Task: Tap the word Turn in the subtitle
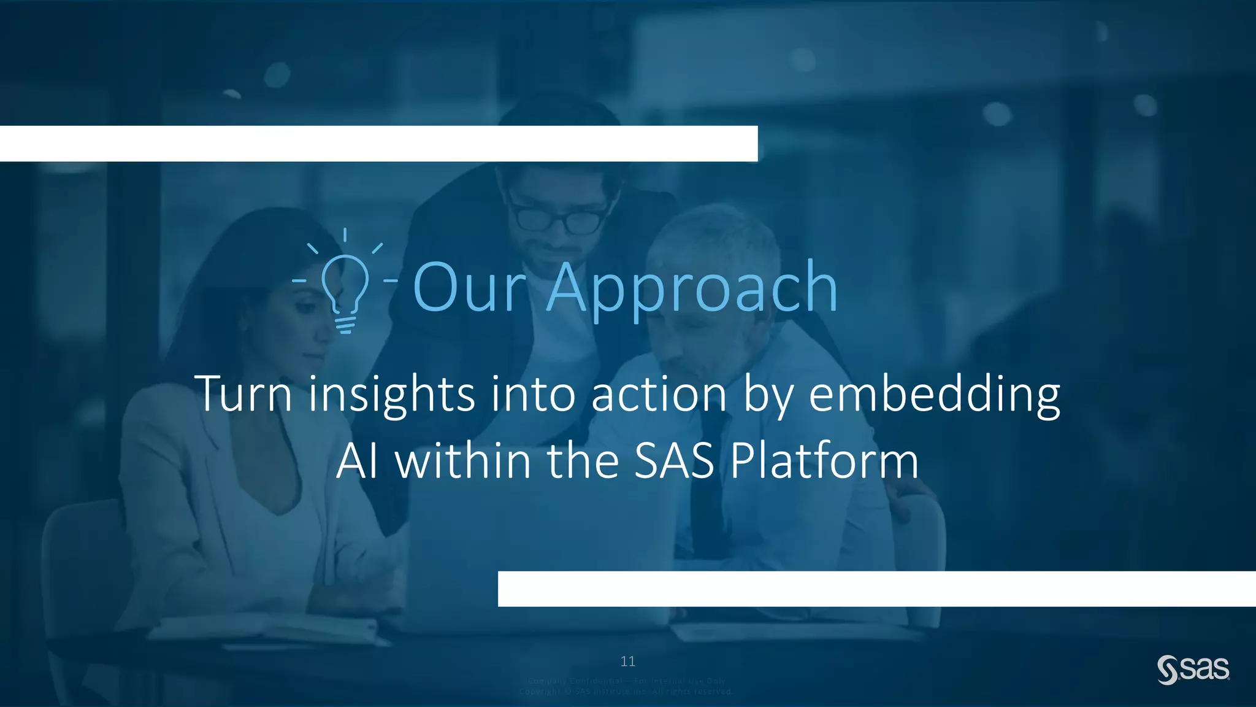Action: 243,393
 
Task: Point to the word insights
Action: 391,396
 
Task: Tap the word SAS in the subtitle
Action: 674,462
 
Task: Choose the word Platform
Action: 824,462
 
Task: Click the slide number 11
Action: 628,661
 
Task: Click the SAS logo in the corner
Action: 1193,670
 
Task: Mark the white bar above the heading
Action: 378,144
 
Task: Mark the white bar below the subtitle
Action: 876,589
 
